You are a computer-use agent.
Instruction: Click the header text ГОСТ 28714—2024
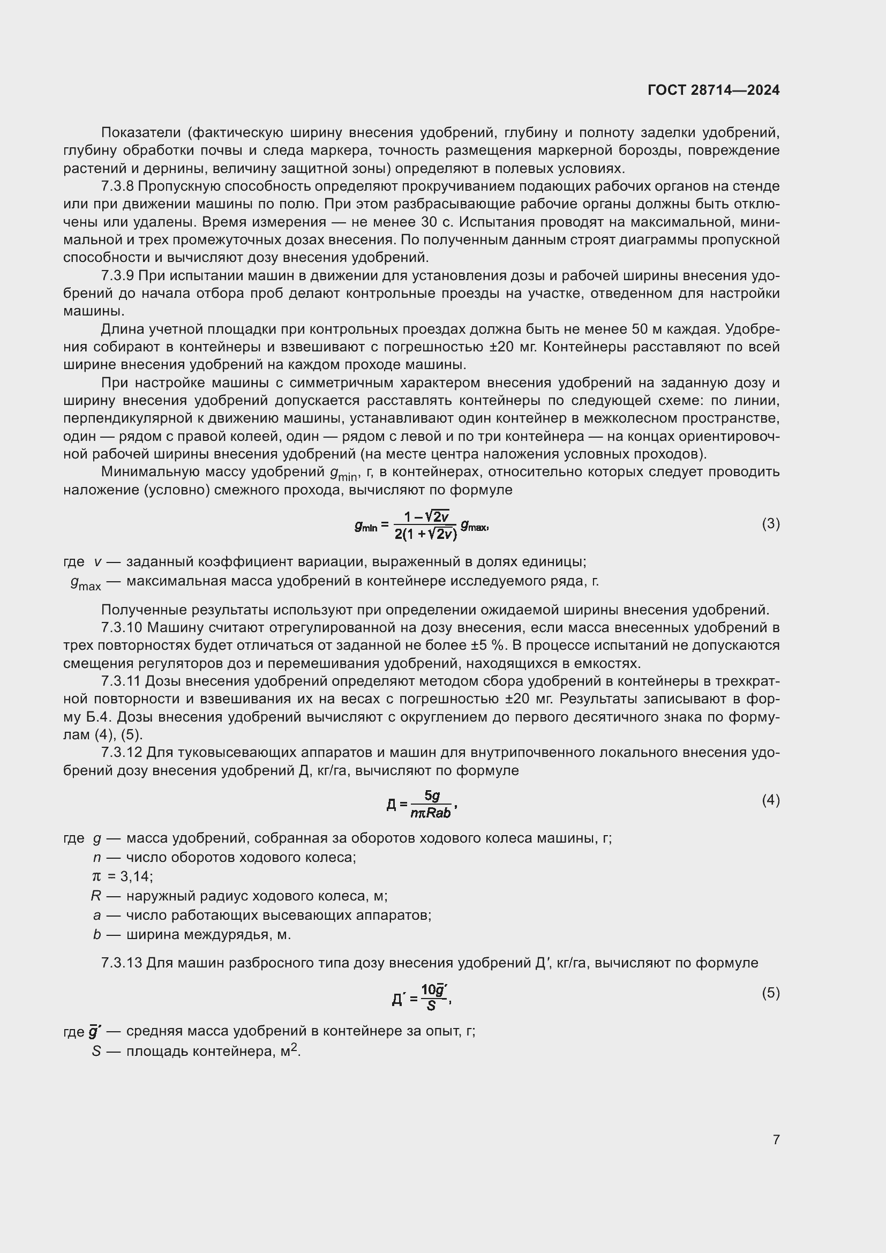(713, 90)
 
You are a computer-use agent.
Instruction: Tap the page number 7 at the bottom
(776, 1139)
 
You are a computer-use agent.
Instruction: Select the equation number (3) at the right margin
(770, 524)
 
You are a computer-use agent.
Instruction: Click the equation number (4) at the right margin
(770, 800)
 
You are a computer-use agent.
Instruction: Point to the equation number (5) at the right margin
(770, 993)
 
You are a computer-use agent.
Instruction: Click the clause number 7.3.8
(117, 186)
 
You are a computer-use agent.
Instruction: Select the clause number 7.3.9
(117, 276)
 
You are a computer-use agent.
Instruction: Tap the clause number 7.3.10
(122, 628)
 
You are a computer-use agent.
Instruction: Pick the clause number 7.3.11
(121, 681)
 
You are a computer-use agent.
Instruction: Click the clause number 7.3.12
(122, 753)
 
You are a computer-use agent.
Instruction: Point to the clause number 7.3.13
(122, 963)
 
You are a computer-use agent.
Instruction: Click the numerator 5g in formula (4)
(432, 796)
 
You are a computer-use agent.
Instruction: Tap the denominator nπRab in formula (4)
(431, 813)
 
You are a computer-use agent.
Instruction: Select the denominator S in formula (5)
(431, 1005)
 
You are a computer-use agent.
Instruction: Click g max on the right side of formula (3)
(473, 526)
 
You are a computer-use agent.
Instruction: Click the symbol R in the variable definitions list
(96, 896)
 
